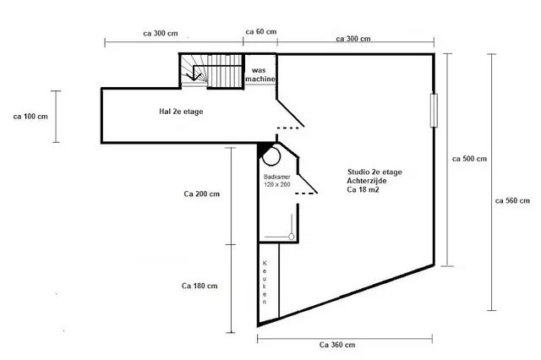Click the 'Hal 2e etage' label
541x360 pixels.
click(x=182, y=111)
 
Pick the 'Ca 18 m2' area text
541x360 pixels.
click(x=363, y=191)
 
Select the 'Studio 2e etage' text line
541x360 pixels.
click(x=374, y=172)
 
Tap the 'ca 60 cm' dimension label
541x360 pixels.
click(x=261, y=31)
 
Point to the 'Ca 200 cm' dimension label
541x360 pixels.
click(x=201, y=194)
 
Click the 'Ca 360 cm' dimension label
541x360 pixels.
click(x=337, y=345)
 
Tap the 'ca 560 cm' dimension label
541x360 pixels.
click(x=512, y=200)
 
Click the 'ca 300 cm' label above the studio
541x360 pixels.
click(x=353, y=38)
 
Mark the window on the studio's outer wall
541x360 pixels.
click(x=434, y=110)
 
